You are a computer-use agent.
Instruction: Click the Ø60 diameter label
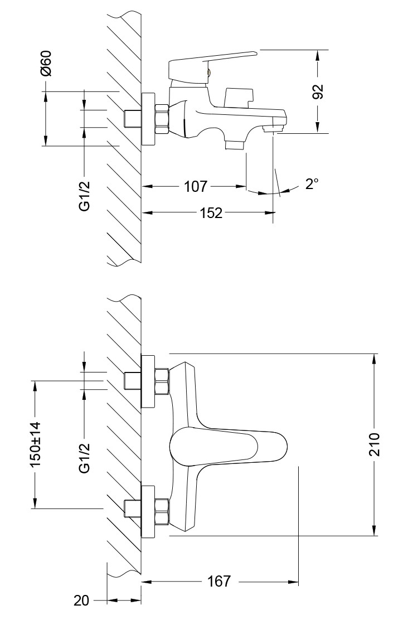click(x=46, y=63)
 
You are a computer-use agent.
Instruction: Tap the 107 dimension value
click(x=195, y=186)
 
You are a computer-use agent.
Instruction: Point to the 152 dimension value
click(x=211, y=212)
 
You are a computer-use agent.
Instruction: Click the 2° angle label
click(x=312, y=185)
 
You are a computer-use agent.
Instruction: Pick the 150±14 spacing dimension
click(x=36, y=444)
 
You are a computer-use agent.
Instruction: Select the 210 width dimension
click(x=374, y=444)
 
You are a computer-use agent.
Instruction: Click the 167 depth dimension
click(x=218, y=582)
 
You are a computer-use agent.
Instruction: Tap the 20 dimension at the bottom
click(x=81, y=601)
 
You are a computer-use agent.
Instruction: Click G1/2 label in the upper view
click(x=84, y=196)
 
